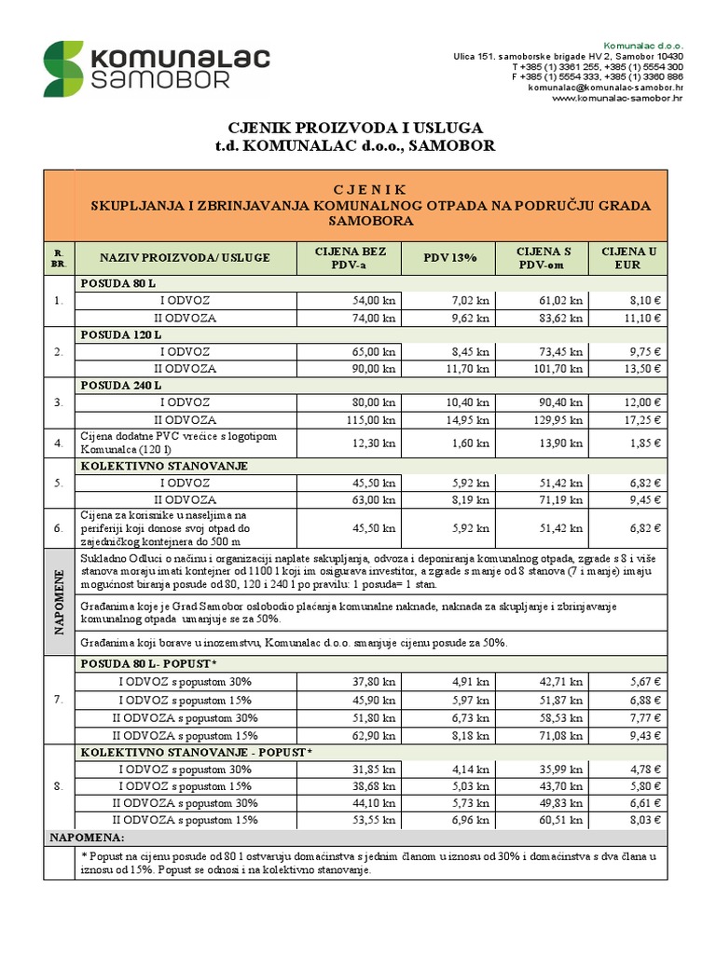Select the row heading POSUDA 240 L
point(122,385)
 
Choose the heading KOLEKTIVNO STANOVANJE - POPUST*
point(197,751)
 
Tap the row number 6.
point(58,528)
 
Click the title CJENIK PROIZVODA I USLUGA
point(357,128)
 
